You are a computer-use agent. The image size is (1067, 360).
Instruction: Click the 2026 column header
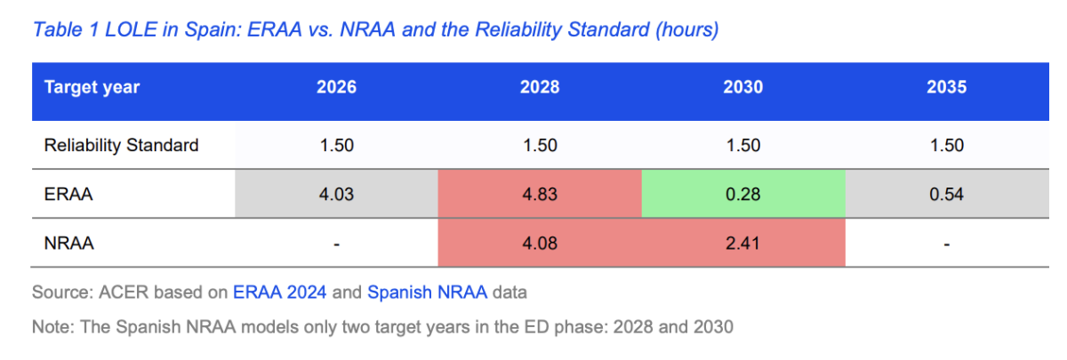point(336,87)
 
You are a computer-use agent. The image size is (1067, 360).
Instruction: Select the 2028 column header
point(540,87)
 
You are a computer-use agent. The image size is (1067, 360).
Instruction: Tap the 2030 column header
point(743,87)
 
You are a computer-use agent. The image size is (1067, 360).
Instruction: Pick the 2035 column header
point(946,87)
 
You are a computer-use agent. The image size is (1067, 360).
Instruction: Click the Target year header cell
point(92,88)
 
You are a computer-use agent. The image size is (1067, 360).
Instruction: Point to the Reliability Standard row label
point(122,145)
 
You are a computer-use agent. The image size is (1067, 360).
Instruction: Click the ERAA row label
point(68,195)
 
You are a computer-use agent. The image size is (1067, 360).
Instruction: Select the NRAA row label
point(69,244)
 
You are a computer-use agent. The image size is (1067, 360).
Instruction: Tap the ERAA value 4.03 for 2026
point(336,195)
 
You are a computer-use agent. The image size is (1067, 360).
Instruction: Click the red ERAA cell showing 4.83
point(540,195)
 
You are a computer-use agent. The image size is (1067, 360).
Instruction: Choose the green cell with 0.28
point(743,195)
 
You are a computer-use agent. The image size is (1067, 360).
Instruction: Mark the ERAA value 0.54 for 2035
point(946,195)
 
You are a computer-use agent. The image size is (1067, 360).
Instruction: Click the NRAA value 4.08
point(540,244)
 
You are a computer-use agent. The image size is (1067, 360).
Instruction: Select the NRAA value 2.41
point(742,244)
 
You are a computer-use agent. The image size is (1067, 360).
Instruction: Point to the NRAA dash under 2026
point(336,244)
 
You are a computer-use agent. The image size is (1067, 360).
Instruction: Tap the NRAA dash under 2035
point(946,244)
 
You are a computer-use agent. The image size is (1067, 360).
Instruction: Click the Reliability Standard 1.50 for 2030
point(743,145)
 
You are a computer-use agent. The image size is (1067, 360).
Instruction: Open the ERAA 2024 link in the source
point(279,292)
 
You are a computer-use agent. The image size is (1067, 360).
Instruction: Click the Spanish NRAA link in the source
point(428,292)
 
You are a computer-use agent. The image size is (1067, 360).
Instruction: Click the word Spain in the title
point(213,29)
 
